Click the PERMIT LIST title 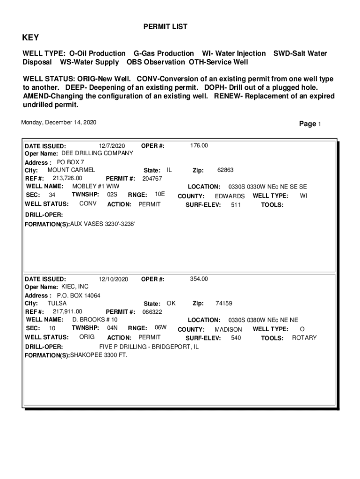tap(165, 27)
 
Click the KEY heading tap(31, 38)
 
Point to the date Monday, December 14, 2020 tap(59, 123)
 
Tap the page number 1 tap(319, 124)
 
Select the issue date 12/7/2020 tap(112, 146)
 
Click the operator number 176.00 tap(199, 146)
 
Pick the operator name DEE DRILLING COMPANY tap(97, 153)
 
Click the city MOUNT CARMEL tap(71, 170)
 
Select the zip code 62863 tap(225, 170)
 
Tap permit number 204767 tap(152, 179)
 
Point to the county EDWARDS tap(230, 196)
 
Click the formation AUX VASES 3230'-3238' tap(102, 225)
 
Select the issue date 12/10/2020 tap(114, 279)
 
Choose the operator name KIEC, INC tap(75, 287)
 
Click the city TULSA tap(57, 303)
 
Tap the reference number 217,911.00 tap(67, 312)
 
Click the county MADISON tap(228, 330)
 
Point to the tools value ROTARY tap(304, 338)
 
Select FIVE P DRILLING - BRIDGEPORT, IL tap(149, 347)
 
